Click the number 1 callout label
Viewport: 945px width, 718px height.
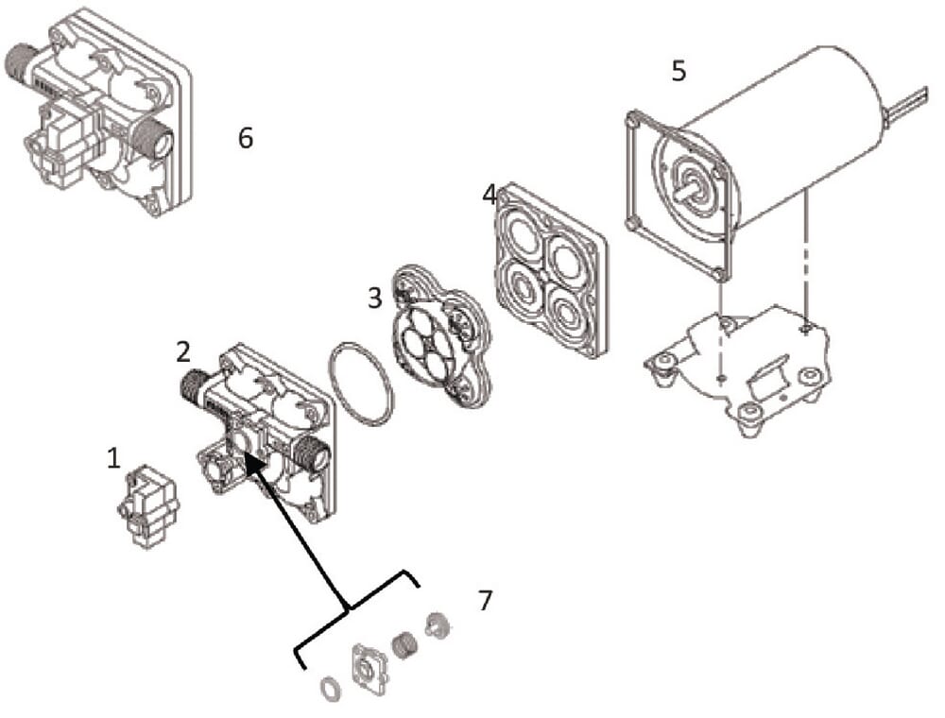tap(113, 459)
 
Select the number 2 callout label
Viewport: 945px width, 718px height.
tap(182, 352)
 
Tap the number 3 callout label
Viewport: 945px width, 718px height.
tap(374, 298)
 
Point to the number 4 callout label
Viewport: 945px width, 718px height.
tap(489, 196)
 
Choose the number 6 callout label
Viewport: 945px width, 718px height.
tap(246, 138)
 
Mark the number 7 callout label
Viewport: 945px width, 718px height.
tap(485, 600)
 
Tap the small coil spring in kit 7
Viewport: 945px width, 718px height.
tap(404, 646)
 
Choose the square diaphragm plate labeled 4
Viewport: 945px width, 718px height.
tap(549, 268)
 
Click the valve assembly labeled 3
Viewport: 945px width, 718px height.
tap(439, 336)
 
